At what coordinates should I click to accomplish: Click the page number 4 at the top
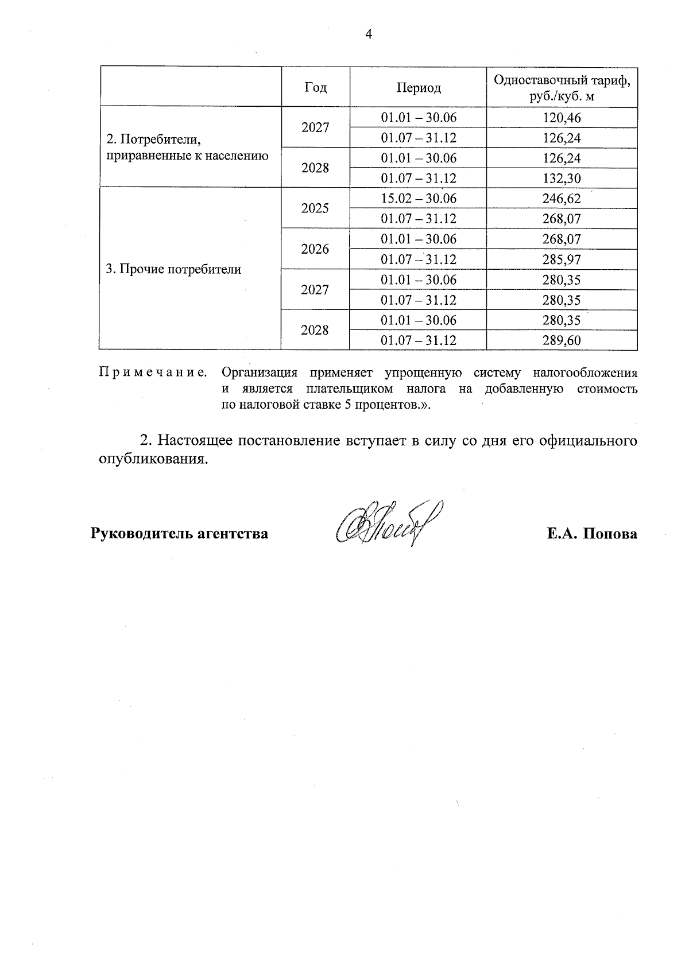coord(369,34)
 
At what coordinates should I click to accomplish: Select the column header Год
coord(315,87)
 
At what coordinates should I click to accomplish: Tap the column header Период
coord(419,87)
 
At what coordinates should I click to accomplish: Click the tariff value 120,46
coord(562,118)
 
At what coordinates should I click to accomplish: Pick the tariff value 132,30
coord(562,178)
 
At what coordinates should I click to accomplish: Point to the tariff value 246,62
coord(562,199)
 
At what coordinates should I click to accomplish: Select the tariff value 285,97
coord(562,259)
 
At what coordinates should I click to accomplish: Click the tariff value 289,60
coord(562,340)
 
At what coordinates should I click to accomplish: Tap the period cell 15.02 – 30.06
coord(419,199)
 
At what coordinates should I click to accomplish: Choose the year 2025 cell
coord(315,208)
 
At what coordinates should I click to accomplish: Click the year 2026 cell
coord(315,249)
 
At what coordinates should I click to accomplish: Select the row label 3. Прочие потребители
coord(173,269)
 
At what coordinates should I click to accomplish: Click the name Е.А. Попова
coord(592,534)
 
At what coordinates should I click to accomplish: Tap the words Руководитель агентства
coord(179,534)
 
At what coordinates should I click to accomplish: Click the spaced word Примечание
coord(153,372)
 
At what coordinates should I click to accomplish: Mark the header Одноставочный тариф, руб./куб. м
coord(562,87)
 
